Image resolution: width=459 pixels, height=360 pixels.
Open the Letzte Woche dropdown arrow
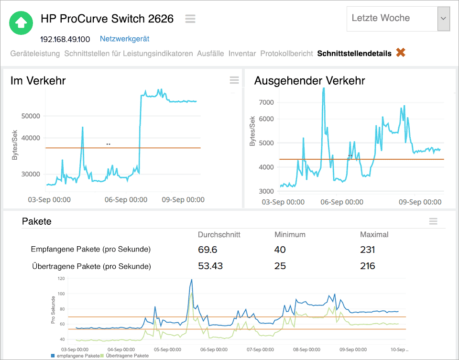click(443, 18)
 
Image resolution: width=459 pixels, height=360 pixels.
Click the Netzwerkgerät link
click(124, 39)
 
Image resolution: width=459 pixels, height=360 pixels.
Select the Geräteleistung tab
click(35, 53)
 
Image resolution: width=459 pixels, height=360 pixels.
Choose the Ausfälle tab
click(210, 53)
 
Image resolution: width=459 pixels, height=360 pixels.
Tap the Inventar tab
click(242, 53)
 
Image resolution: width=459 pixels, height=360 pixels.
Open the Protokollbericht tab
click(286, 53)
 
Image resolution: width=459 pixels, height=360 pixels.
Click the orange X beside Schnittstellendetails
click(401, 53)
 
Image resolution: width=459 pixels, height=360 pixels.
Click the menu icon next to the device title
click(190, 19)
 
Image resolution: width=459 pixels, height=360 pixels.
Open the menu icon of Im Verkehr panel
click(234, 80)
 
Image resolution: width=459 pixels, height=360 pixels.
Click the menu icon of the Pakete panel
click(433, 221)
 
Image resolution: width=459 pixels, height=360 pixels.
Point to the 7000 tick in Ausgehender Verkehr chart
click(266, 102)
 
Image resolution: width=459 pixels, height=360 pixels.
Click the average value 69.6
click(208, 250)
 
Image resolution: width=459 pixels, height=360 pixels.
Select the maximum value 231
click(367, 250)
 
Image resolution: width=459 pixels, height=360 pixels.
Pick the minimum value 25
click(280, 266)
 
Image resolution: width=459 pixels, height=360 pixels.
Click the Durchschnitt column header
click(219, 235)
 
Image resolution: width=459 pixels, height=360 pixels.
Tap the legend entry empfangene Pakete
click(77, 356)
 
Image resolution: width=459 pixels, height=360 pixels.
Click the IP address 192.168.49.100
click(65, 39)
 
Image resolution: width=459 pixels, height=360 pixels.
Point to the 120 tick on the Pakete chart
click(61, 278)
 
